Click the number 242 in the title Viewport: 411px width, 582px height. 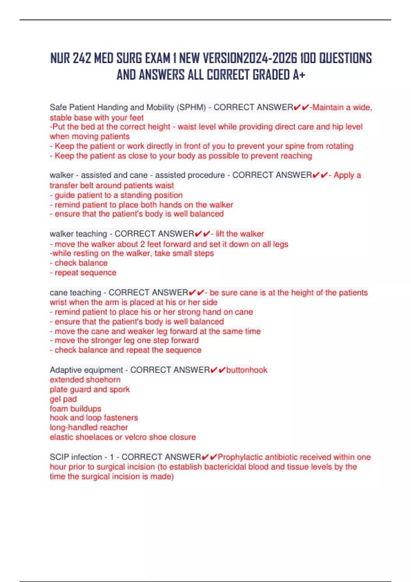point(82,59)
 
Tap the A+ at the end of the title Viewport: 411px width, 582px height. point(299,75)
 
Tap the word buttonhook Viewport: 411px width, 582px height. point(247,370)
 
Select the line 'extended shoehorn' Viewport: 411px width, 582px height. point(85,380)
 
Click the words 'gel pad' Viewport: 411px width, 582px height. point(63,399)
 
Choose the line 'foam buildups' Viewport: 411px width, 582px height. point(75,409)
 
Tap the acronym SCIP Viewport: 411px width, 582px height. point(59,457)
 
